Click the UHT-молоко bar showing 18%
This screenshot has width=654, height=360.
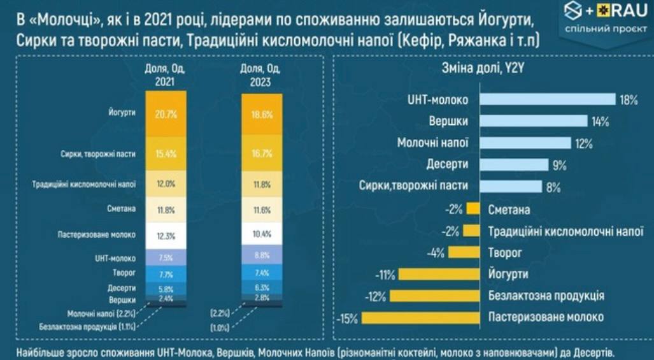point(547,99)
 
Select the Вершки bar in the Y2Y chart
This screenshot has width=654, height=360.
point(533,120)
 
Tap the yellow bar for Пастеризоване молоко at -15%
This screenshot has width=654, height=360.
point(420,317)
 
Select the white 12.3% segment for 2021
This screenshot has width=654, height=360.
point(166,234)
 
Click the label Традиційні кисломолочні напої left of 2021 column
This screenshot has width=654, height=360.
point(84,184)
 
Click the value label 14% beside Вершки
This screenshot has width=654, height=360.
point(601,121)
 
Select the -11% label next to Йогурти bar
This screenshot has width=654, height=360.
point(385,275)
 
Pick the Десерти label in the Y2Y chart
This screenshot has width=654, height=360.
point(448,164)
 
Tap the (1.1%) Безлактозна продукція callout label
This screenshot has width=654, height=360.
point(89,327)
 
